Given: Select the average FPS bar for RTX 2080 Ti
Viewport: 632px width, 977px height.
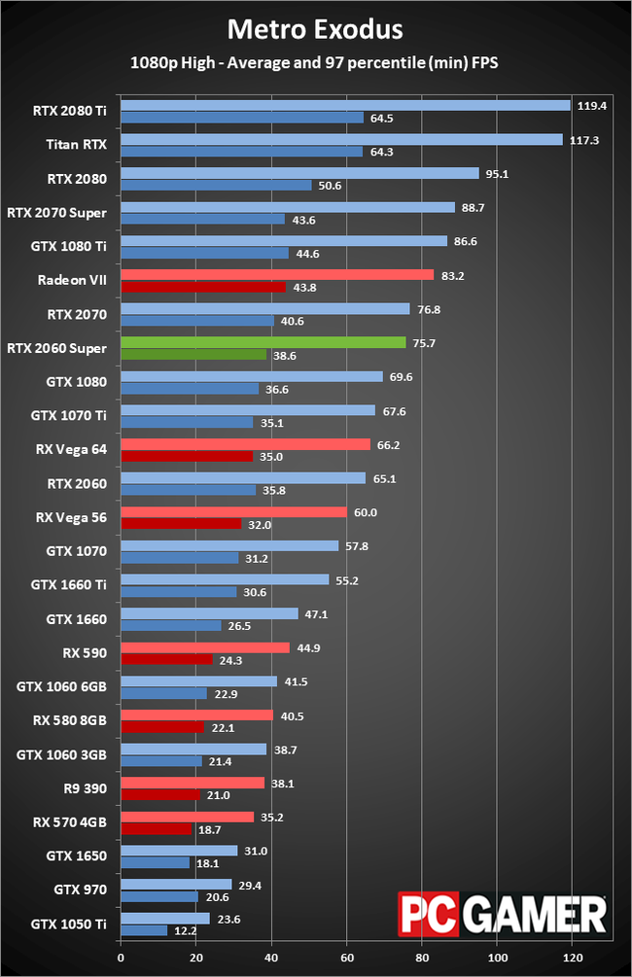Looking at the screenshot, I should pyautogui.click(x=345, y=105).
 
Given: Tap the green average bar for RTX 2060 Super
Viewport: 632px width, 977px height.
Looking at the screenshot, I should pyautogui.click(x=263, y=342).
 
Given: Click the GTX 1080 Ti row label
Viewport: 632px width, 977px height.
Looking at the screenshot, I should pyautogui.click(x=71, y=247).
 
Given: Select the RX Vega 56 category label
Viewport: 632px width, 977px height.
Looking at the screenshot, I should pyautogui.click(x=72, y=518).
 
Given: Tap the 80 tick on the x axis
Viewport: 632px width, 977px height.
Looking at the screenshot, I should pyautogui.click(x=422, y=957).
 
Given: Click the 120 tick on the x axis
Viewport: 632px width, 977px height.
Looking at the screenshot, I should pyautogui.click(x=572, y=957).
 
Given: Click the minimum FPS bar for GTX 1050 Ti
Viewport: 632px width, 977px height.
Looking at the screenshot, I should pyautogui.click(x=143, y=930).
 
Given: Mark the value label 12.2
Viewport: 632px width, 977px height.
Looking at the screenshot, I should pyautogui.click(x=184, y=931).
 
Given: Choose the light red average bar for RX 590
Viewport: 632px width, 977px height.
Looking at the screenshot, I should pyautogui.click(x=204, y=647).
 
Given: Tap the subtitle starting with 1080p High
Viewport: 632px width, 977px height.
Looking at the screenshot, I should pyautogui.click(x=315, y=63).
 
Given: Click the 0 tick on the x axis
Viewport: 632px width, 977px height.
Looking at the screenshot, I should pyautogui.click(x=121, y=957).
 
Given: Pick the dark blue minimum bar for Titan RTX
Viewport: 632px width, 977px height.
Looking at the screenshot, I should pyautogui.click(x=241, y=152).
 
